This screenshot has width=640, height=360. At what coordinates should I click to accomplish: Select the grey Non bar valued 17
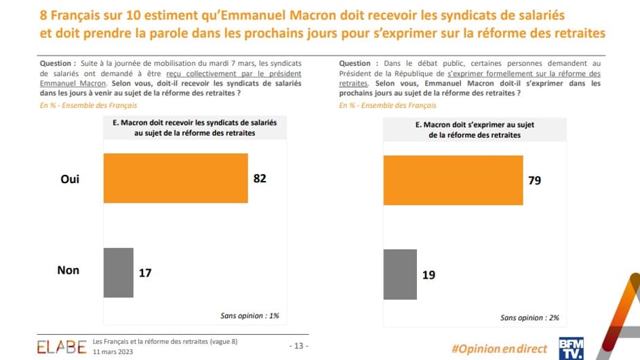[x=118, y=273]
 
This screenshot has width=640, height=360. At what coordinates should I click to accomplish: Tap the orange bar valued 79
[x=453, y=180]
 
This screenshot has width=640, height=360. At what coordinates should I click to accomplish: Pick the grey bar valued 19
[x=400, y=275]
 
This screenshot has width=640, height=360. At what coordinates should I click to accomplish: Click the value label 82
[x=260, y=179]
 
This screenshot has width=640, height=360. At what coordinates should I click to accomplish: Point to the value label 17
[x=144, y=273]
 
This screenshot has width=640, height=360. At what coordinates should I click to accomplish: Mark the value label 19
[x=428, y=275]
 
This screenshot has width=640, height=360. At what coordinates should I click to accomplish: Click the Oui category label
[x=70, y=179]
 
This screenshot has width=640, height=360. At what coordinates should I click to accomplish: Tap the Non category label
[x=68, y=271]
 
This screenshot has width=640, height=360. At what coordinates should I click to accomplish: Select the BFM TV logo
[x=571, y=347]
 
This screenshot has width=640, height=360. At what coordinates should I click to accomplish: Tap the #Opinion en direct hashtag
[x=499, y=348]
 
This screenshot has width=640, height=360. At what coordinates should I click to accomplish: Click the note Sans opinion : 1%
[x=249, y=315]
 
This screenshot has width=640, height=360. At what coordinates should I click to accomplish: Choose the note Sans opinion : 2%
[x=529, y=317]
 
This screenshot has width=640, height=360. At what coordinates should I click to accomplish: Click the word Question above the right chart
[x=355, y=63]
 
